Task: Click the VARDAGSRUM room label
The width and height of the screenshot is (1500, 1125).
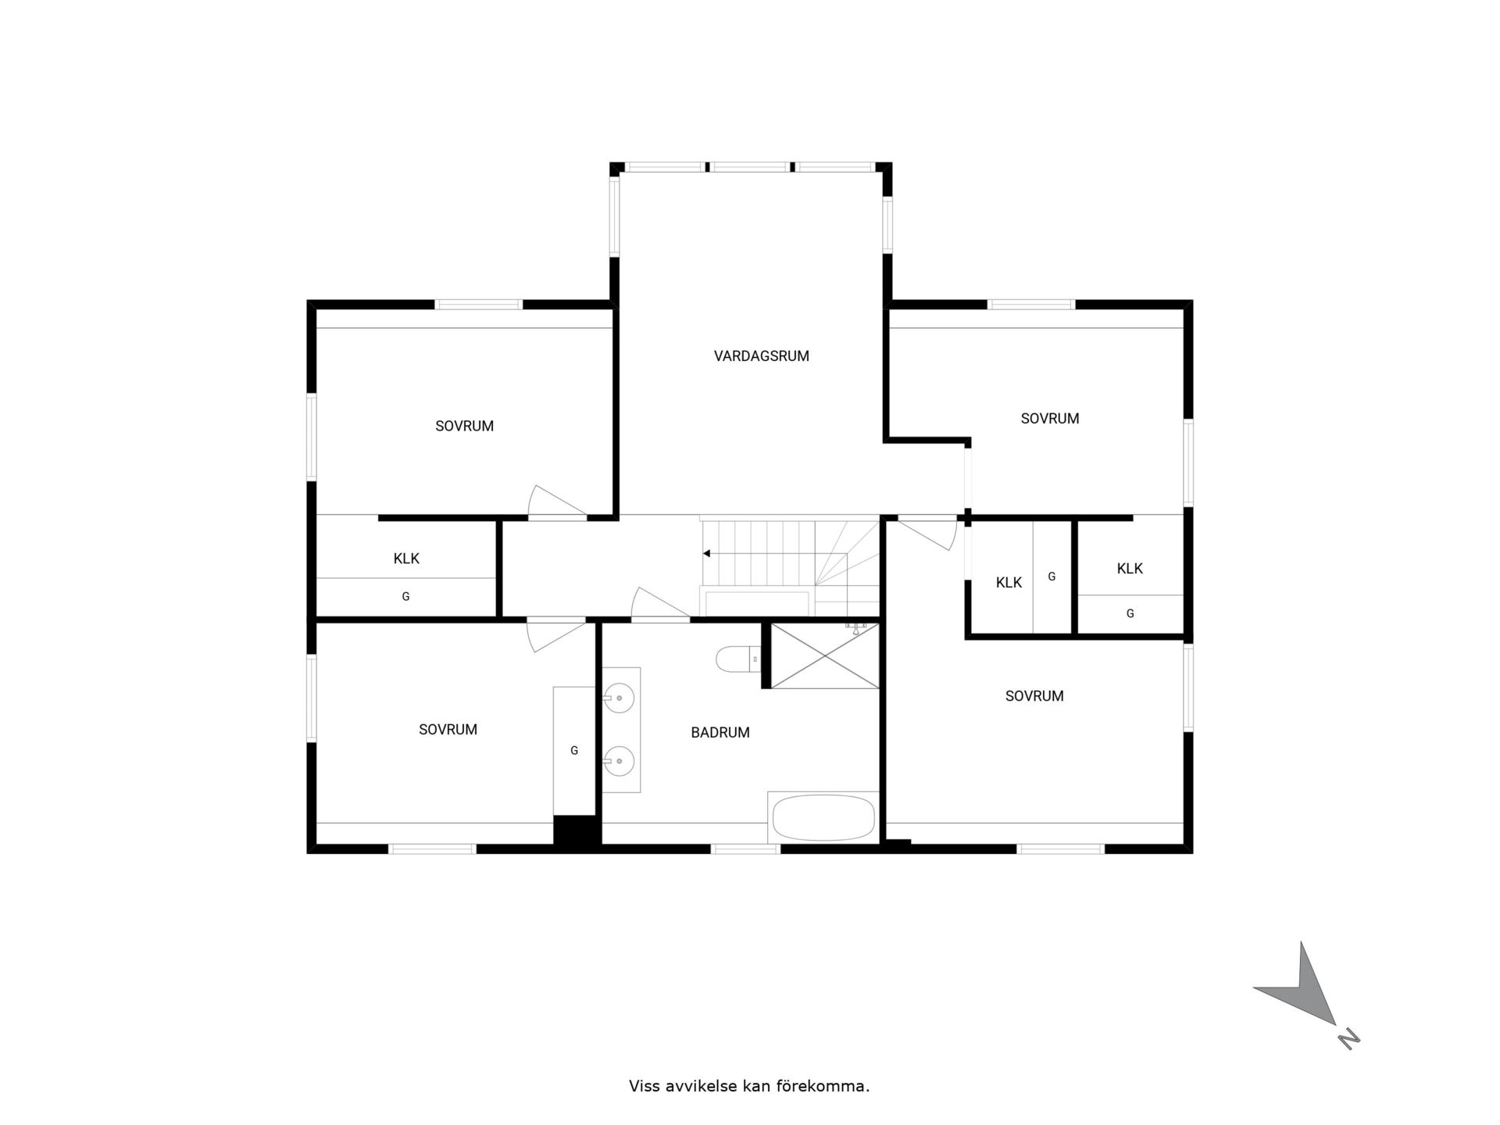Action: click(761, 356)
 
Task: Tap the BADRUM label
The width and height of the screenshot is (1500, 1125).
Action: click(720, 733)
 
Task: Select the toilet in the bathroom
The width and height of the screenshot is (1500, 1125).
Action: click(738, 659)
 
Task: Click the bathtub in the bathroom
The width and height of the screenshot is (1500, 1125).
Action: click(823, 817)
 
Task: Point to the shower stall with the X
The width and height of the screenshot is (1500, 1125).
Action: click(825, 655)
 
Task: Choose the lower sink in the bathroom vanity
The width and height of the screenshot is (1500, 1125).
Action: click(619, 761)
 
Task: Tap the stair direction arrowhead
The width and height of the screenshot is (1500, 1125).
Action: click(706, 553)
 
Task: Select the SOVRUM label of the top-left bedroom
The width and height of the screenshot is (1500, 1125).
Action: click(465, 427)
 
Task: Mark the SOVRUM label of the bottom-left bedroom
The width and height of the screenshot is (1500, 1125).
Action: click(448, 730)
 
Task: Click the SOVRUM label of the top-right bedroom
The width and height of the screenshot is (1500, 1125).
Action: click(1050, 419)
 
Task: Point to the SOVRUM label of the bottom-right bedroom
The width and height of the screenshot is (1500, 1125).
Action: click(1034, 696)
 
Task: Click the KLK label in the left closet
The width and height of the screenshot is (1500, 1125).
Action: click(406, 559)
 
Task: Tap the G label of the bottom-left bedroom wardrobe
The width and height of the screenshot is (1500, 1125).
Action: click(574, 751)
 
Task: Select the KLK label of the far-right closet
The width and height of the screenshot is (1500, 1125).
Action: click(1130, 569)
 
